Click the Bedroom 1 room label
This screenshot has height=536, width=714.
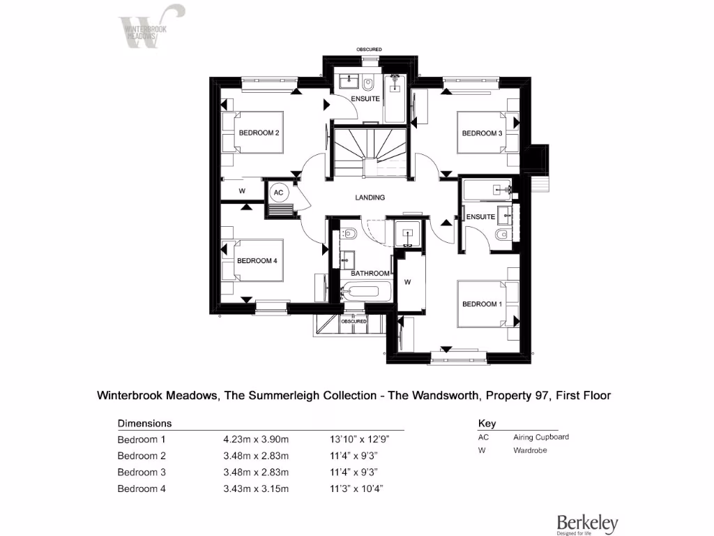tap(481, 304)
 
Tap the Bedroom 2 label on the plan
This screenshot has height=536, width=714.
tap(259, 133)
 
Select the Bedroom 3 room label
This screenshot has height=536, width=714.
tap(482, 133)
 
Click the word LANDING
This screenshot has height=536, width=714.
tap(370, 198)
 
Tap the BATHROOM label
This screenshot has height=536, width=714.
tap(370, 273)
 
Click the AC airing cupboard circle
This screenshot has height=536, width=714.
tap(278, 193)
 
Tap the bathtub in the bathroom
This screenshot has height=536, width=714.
tap(367, 292)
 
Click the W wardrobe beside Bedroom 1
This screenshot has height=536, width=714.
tap(408, 282)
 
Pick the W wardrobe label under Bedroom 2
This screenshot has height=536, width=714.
tap(242, 191)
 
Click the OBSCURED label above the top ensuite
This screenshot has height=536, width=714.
tap(369, 50)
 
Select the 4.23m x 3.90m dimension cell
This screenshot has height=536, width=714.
tap(255, 440)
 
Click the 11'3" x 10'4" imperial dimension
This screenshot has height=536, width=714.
tap(356, 489)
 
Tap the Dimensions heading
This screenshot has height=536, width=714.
tap(144, 423)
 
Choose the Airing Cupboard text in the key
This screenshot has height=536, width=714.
tap(541, 437)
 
